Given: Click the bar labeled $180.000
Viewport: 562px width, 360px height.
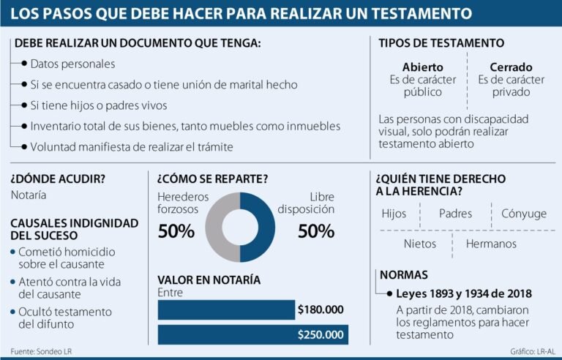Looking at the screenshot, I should pyautogui.click(x=227, y=310).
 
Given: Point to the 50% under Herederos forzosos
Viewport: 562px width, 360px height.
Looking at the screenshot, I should pyautogui.click(x=176, y=232).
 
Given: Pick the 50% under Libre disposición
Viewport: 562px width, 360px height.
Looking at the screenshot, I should pyautogui.click(x=315, y=232).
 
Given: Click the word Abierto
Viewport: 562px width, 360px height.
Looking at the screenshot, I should pyautogui.click(x=422, y=67).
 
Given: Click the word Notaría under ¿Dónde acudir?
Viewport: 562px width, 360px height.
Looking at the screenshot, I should pyautogui.click(x=29, y=195).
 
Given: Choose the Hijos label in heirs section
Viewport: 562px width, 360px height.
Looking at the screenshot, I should pyautogui.click(x=394, y=214).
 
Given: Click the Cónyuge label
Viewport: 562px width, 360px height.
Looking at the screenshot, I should pyautogui.click(x=523, y=214).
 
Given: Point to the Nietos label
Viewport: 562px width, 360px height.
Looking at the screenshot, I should pyautogui.click(x=419, y=244).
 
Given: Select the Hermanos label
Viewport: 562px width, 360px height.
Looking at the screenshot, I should pyautogui.click(x=490, y=244).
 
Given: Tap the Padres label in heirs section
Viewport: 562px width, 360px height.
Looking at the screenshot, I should pyautogui.click(x=455, y=214).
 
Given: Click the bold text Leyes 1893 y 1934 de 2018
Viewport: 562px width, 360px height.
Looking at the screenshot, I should pyautogui.click(x=463, y=293).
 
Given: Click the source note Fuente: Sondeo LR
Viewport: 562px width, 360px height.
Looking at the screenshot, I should pyautogui.click(x=41, y=351).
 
